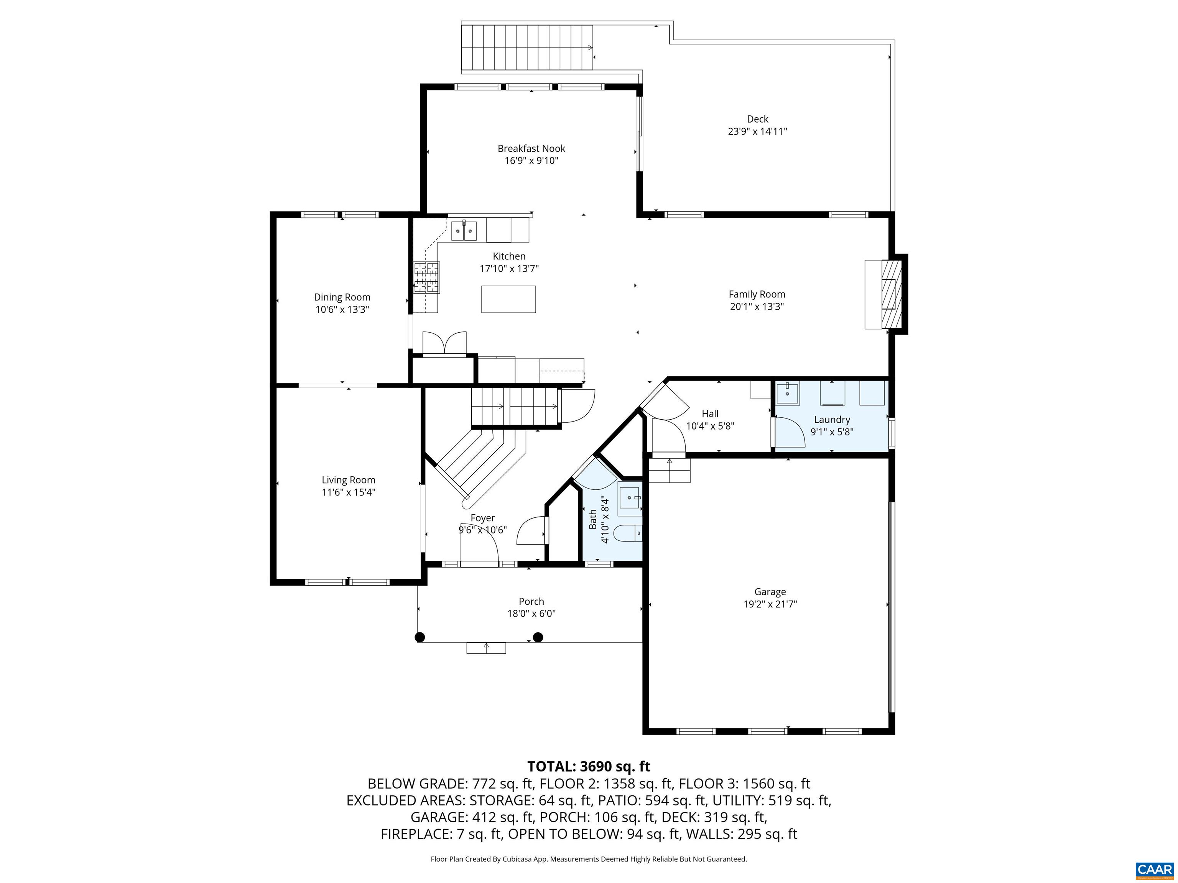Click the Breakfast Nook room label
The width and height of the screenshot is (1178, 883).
[531, 148]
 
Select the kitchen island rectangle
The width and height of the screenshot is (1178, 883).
[508, 299]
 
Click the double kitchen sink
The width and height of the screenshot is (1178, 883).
[464, 231]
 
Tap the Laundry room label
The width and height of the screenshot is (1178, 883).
[831, 419]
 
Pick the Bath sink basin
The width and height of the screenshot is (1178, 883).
[630, 499]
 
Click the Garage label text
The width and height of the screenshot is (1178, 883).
[770, 591]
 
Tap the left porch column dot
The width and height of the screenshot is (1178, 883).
[420, 637]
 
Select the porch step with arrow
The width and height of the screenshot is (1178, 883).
[486, 648]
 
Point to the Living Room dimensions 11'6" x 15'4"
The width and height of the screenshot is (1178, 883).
[348, 492]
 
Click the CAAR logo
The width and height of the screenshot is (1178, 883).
[1154, 870]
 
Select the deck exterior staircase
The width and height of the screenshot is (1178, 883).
[527, 48]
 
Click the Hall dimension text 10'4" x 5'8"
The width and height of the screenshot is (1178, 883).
[709, 426]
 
